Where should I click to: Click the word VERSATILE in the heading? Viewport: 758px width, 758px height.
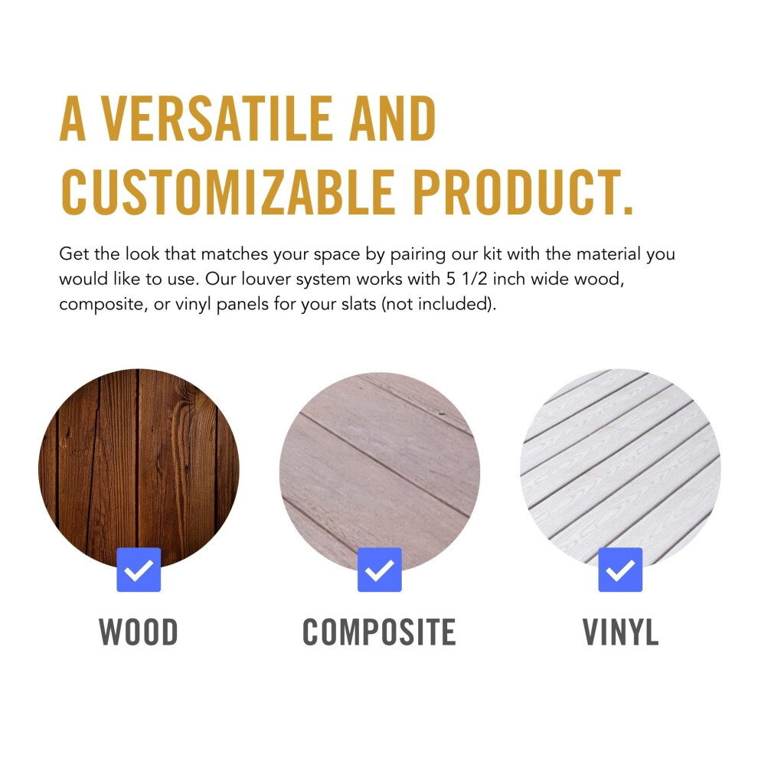click(217, 118)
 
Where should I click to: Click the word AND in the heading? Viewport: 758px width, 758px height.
click(392, 118)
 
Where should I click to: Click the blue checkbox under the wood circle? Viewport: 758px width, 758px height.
click(139, 570)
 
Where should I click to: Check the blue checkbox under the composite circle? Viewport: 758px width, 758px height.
click(380, 570)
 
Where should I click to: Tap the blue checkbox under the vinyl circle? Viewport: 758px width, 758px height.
click(620, 570)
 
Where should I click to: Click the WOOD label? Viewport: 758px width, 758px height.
click(139, 632)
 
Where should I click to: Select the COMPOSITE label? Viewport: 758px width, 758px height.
click(380, 632)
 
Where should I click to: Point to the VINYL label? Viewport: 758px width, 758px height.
click(620, 632)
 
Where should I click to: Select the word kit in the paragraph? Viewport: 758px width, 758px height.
click(492, 253)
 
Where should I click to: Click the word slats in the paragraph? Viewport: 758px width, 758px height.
click(358, 304)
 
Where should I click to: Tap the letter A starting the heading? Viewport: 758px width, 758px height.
click(73, 118)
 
